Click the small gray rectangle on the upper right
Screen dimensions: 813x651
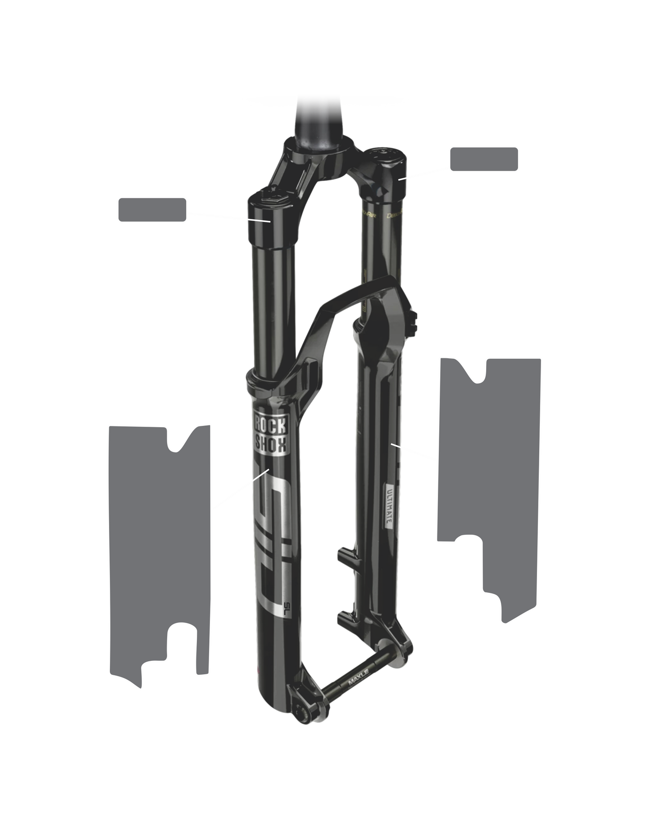click(484, 158)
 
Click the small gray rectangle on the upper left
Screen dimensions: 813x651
click(152, 209)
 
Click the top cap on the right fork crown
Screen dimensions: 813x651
click(386, 155)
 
